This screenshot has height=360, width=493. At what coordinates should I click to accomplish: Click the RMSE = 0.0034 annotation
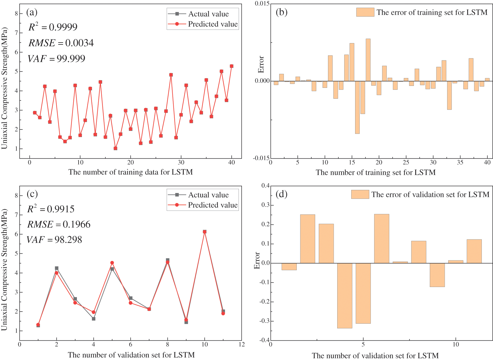61,43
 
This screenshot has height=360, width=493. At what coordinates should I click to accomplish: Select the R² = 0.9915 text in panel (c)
51,209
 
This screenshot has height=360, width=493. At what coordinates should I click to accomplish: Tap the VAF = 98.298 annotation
54,240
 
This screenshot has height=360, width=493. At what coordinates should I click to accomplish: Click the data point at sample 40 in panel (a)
232,66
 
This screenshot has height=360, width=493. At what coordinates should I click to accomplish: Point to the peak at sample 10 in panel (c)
205,232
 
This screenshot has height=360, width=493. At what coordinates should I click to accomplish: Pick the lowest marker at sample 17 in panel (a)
115,148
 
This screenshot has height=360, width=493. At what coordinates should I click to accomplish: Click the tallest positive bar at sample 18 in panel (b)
368,60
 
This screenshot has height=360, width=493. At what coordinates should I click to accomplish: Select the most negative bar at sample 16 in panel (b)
357,107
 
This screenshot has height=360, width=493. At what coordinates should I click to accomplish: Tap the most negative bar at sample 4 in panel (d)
345,295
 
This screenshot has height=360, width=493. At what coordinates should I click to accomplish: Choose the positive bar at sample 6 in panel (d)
382,239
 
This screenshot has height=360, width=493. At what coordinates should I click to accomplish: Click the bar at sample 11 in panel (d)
474,251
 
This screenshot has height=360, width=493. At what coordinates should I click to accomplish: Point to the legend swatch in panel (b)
365,12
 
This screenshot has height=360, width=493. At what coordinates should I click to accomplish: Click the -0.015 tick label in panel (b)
261,158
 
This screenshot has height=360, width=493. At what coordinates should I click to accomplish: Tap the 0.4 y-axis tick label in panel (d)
265,186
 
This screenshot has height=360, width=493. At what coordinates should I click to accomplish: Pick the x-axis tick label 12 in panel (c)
242,344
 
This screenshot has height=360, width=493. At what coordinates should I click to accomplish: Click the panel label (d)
282,194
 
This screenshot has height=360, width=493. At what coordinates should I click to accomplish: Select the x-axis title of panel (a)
131,172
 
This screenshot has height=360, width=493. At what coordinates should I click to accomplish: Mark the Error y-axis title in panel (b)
261,64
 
